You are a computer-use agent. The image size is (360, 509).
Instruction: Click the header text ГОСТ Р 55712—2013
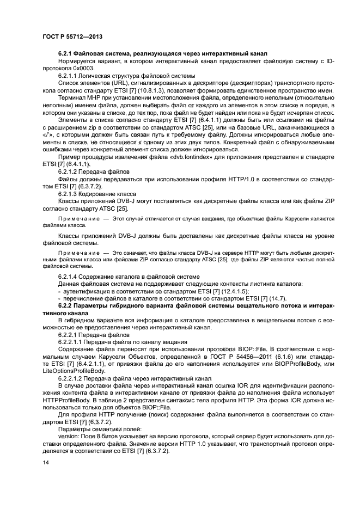tap(72, 35)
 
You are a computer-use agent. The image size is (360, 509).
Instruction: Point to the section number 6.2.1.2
tap(70, 171)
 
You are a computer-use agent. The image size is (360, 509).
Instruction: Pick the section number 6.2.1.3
tap(70, 192)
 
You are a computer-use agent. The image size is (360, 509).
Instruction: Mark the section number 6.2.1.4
tap(70, 277)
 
